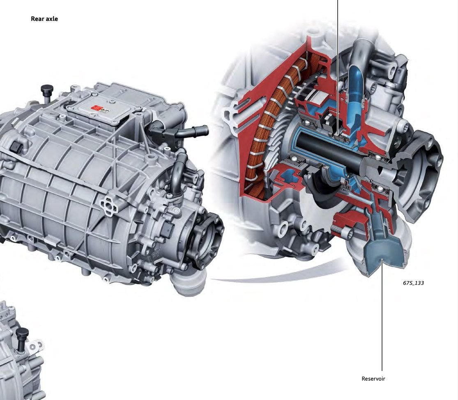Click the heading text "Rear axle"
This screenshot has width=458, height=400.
click(44, 18)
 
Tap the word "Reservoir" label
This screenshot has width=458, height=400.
click(373, 379)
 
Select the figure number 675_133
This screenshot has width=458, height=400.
click(413, 283)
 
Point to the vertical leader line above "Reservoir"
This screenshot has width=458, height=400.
click(382, 320)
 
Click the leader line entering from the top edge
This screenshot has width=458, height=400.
click(338, 62)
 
